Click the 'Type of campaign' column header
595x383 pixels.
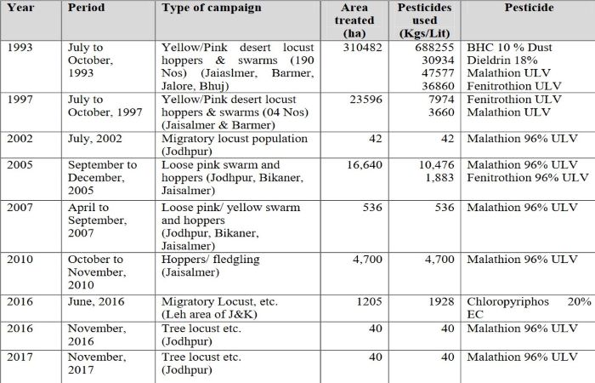pyautogui.click(x=212, y=9)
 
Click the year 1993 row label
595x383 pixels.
pyautogui.click(x=20, y=47)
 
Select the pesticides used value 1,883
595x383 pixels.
pyautogui.click(x=438, y=178)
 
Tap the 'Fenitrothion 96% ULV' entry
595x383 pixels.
pyautogui.click(x=528, y=178)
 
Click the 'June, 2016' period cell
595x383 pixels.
pyautogui.click(x=96, y=301)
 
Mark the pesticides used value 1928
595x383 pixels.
pyautogui.click(x=440, y=301)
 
